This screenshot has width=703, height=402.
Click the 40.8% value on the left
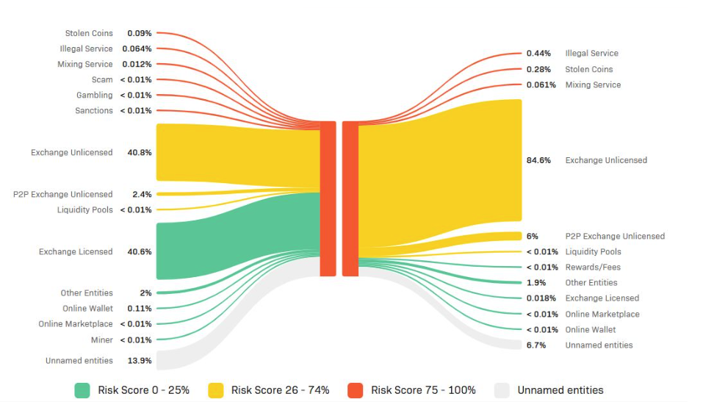pyautogui.click(x=140, y=153)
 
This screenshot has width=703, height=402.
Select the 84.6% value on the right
pyautogui.click(x=538, y=160)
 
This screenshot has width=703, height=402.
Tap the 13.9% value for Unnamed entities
pyautogui.click(x=140, y=361)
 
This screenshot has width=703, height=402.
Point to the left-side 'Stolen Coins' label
pyautogui.click(x=89, y=33)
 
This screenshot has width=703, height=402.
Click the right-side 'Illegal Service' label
pyautogui.click(x=591, y=53)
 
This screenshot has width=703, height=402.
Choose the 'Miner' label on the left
pyautogui.click(x=102, y=340)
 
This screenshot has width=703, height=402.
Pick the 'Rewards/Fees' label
pyautogui.click(x=593, y=267)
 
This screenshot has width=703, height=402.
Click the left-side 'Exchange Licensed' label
pyautogui.click(x=76, y=251)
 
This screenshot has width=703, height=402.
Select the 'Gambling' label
pyautogui.click(x=95, y=95)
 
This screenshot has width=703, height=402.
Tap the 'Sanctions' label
pyautogui.click(x=94, y=110)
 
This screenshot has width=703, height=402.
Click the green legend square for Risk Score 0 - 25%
pyautogui.click(x=82, y=390)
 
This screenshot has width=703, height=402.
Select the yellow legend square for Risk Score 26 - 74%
pyautogui.click(x=215, y=390)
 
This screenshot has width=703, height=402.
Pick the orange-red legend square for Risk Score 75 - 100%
pyautogui.click(x=355, y=390)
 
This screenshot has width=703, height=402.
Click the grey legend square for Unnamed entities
pyautogui.click(x=502, y=390)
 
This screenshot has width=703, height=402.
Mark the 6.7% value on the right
pyautogui.click(x=536, y=345)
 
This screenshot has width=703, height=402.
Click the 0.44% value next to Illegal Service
pyautogui.click(x=538, y=53)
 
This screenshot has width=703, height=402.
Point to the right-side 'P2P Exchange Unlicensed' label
pyautogui.click(x=615, y=236)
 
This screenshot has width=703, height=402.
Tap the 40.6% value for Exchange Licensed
pyautogui.click(x=140, y=251)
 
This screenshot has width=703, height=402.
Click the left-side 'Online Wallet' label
pyautogui.click(x=87, y=309)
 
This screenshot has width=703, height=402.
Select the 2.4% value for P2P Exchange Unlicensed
pyautogui.click(x=142, y=194)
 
